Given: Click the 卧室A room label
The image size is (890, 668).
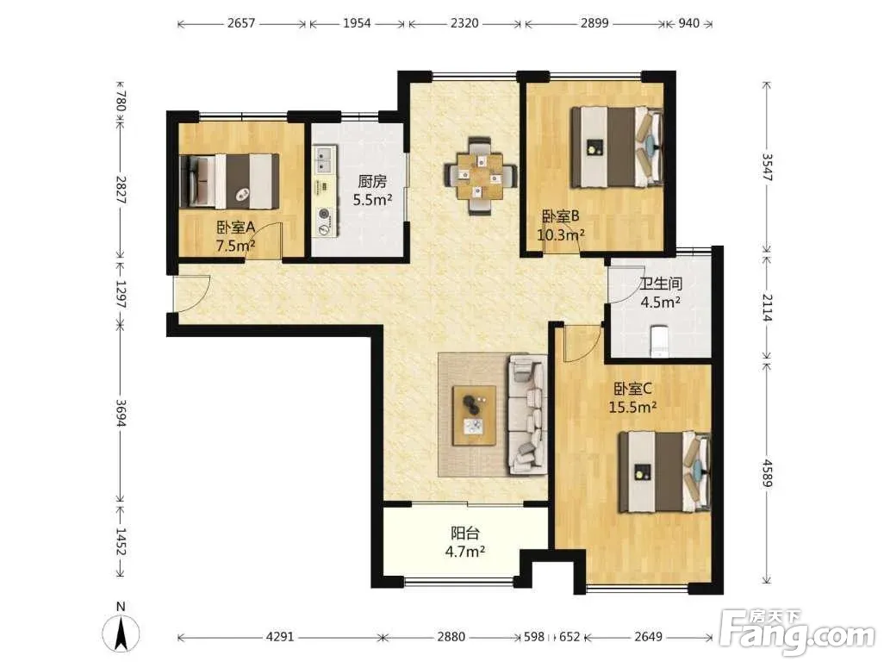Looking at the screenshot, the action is [x=235, y=228].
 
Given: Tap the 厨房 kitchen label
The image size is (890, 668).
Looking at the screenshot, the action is [x=372, y=181].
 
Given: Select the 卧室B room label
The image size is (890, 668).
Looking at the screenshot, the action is [x=561, y=216].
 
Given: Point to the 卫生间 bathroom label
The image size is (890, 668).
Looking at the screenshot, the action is [x=661, y=284].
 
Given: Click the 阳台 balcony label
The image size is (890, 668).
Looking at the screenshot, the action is [x=465, y=534].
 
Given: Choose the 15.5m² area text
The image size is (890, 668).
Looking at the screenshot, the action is [x=633, y=408].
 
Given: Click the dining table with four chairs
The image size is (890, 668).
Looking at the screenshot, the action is [x=480, y=176].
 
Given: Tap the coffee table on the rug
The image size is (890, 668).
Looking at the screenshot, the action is [x=474, y=415].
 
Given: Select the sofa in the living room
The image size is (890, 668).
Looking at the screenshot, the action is [x=526, y=415].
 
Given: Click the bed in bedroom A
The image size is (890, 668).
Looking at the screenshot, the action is [x=229, y=182].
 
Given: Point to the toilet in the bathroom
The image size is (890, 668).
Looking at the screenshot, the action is [x=660, y=340].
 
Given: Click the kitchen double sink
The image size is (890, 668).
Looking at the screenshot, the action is [x=325, y=159].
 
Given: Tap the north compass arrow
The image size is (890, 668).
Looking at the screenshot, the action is [x=121, y=634].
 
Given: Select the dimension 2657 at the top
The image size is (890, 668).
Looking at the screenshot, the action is [x=241, y=23].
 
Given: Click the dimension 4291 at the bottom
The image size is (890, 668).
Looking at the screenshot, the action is [x=280, y=637].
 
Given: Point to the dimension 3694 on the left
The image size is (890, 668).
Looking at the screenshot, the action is [x=121, y=412].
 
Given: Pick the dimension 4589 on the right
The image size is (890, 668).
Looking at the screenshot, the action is [x=767, y=472].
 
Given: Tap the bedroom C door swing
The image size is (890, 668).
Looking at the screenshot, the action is [x=582, y=344].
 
